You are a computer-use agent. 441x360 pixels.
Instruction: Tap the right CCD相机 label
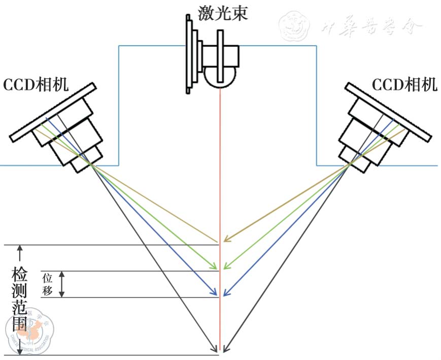pos(404,85)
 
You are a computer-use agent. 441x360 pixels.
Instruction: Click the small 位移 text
pos(48,284)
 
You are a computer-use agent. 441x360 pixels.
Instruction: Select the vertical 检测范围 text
pos(20,300)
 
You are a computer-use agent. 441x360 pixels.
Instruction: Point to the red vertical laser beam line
pos(220,203)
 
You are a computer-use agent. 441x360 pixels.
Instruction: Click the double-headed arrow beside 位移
pos(62,284)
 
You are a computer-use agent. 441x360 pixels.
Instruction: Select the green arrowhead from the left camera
pos(215,266)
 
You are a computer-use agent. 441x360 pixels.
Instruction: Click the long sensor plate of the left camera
pos(53,112)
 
